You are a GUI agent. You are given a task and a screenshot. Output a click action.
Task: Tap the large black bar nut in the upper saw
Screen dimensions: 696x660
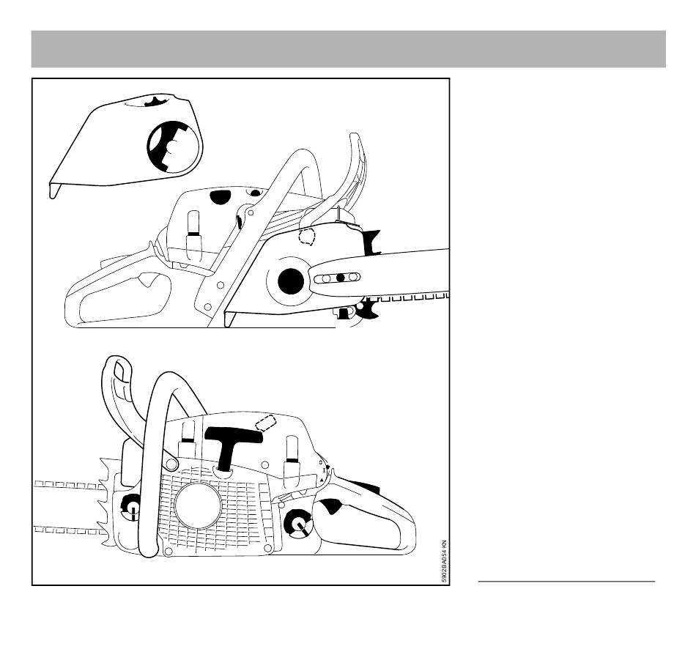click(x=291, y=281)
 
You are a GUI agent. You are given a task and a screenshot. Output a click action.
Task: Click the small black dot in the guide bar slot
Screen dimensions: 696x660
click(x=341, y=278)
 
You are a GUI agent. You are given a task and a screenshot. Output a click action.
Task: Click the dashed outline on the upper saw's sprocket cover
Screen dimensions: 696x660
click(x=307, y=237)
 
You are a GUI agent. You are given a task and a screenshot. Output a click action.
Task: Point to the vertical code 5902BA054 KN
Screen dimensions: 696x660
click(x=444, y=561)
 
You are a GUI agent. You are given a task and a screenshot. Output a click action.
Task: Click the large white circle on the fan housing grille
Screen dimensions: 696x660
click(x=198, y=505)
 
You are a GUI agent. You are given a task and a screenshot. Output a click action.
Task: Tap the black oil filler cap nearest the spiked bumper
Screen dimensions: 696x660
click(x=133, y=506)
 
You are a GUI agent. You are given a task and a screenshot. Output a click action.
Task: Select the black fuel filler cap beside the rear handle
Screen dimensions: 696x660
click(x=298, y=522)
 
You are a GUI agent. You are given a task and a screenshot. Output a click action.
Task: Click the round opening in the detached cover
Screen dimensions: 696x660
click(x=175, y=147)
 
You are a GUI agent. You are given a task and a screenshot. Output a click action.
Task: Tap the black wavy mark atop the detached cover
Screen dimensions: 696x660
click(x=158, y=101)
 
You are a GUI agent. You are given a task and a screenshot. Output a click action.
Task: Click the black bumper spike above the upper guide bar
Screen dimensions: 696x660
click(x=372, y=242)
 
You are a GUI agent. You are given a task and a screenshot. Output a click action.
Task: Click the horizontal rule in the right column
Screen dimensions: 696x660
click(x=566, y=581)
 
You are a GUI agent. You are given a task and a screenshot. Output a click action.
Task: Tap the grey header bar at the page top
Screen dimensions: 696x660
click(x=349, y=49)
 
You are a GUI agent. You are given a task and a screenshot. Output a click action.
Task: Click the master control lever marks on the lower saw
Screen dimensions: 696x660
click(x=323, y=471)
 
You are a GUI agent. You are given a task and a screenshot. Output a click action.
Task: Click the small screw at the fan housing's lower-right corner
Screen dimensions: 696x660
click(x=267, y=549)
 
